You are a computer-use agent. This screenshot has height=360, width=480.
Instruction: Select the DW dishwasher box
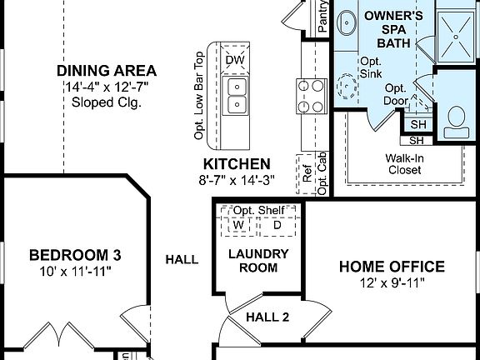[234, 60]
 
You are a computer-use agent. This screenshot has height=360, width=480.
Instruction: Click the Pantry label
[322, 14]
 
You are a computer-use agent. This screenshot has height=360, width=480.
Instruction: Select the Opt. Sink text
[370, 67]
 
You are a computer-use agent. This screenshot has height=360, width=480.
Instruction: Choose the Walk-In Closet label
[403, 163]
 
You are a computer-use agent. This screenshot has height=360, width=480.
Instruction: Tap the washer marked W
[237, 225]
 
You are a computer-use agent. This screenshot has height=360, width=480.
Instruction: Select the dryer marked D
[277, 225]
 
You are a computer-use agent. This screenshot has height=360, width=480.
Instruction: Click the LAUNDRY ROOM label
[258, 260]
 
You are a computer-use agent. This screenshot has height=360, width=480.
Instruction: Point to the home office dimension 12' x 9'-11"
[391, 283]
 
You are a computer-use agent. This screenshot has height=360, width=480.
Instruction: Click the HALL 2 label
[267, 317]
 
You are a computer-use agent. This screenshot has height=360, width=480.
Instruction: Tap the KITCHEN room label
[237, 164]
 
